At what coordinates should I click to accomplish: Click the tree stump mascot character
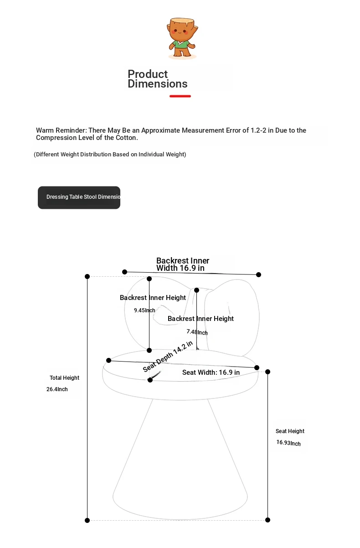(x=182, y=38)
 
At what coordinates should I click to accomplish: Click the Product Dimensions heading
(x=158, y=79)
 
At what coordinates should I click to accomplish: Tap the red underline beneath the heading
(x=180, y=96)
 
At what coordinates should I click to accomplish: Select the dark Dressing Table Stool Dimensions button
(x=79, y=197)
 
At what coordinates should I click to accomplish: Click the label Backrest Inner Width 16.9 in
(x=182, y=264)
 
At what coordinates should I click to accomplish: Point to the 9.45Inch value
(x=144, y=310)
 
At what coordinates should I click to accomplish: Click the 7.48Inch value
(x=197, y=332)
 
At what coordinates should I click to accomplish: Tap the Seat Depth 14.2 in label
(x=168, y=357)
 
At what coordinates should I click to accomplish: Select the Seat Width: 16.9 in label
(x=211, y=372)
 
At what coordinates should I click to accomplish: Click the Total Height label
(x=64, y=378)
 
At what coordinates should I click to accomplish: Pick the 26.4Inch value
(x=57, y=389)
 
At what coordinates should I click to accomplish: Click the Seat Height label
(x=290, y=431)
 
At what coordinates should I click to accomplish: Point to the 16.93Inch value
(x=288, y=443)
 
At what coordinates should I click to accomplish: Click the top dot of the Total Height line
(x=87, y=276)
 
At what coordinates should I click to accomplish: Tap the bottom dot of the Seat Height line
(x=267, y=520)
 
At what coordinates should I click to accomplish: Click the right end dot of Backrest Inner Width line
(x=258, y=274)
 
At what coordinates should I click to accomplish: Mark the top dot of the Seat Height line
(x=267, y=372)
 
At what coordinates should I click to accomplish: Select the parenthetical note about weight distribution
(x=110, y=155)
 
